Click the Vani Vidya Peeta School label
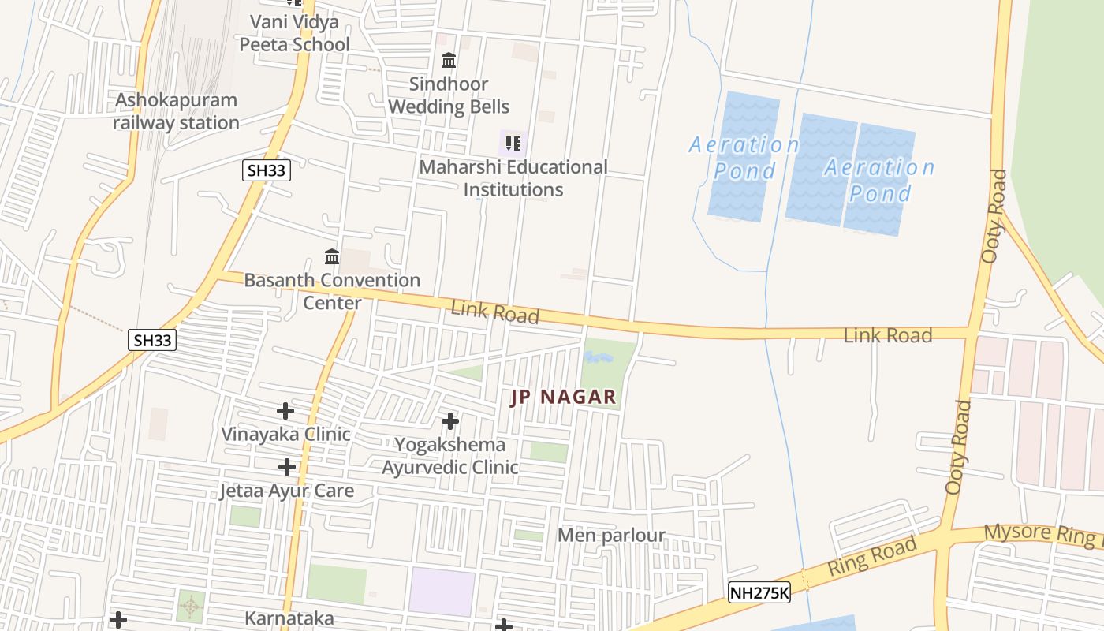(294, 33)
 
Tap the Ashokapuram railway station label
(176, 111)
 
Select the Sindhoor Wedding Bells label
(449, 95)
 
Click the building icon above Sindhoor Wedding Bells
(449, 60)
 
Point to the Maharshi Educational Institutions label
(513, 178)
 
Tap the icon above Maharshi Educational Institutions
(513, 144)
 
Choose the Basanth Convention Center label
(332, 291)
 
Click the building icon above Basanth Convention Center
(332, 256)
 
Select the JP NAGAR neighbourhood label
(563, 397)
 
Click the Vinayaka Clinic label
(285, 435)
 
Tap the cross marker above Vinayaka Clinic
(285, 411)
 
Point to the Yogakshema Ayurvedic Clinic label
(450, 456)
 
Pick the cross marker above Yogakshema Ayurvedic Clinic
(450, 421)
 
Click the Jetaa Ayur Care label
(286, 491)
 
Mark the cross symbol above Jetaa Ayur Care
(287, 467)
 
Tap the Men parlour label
(611, 536)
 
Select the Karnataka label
(289, 618)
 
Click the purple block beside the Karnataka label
(442, 592)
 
